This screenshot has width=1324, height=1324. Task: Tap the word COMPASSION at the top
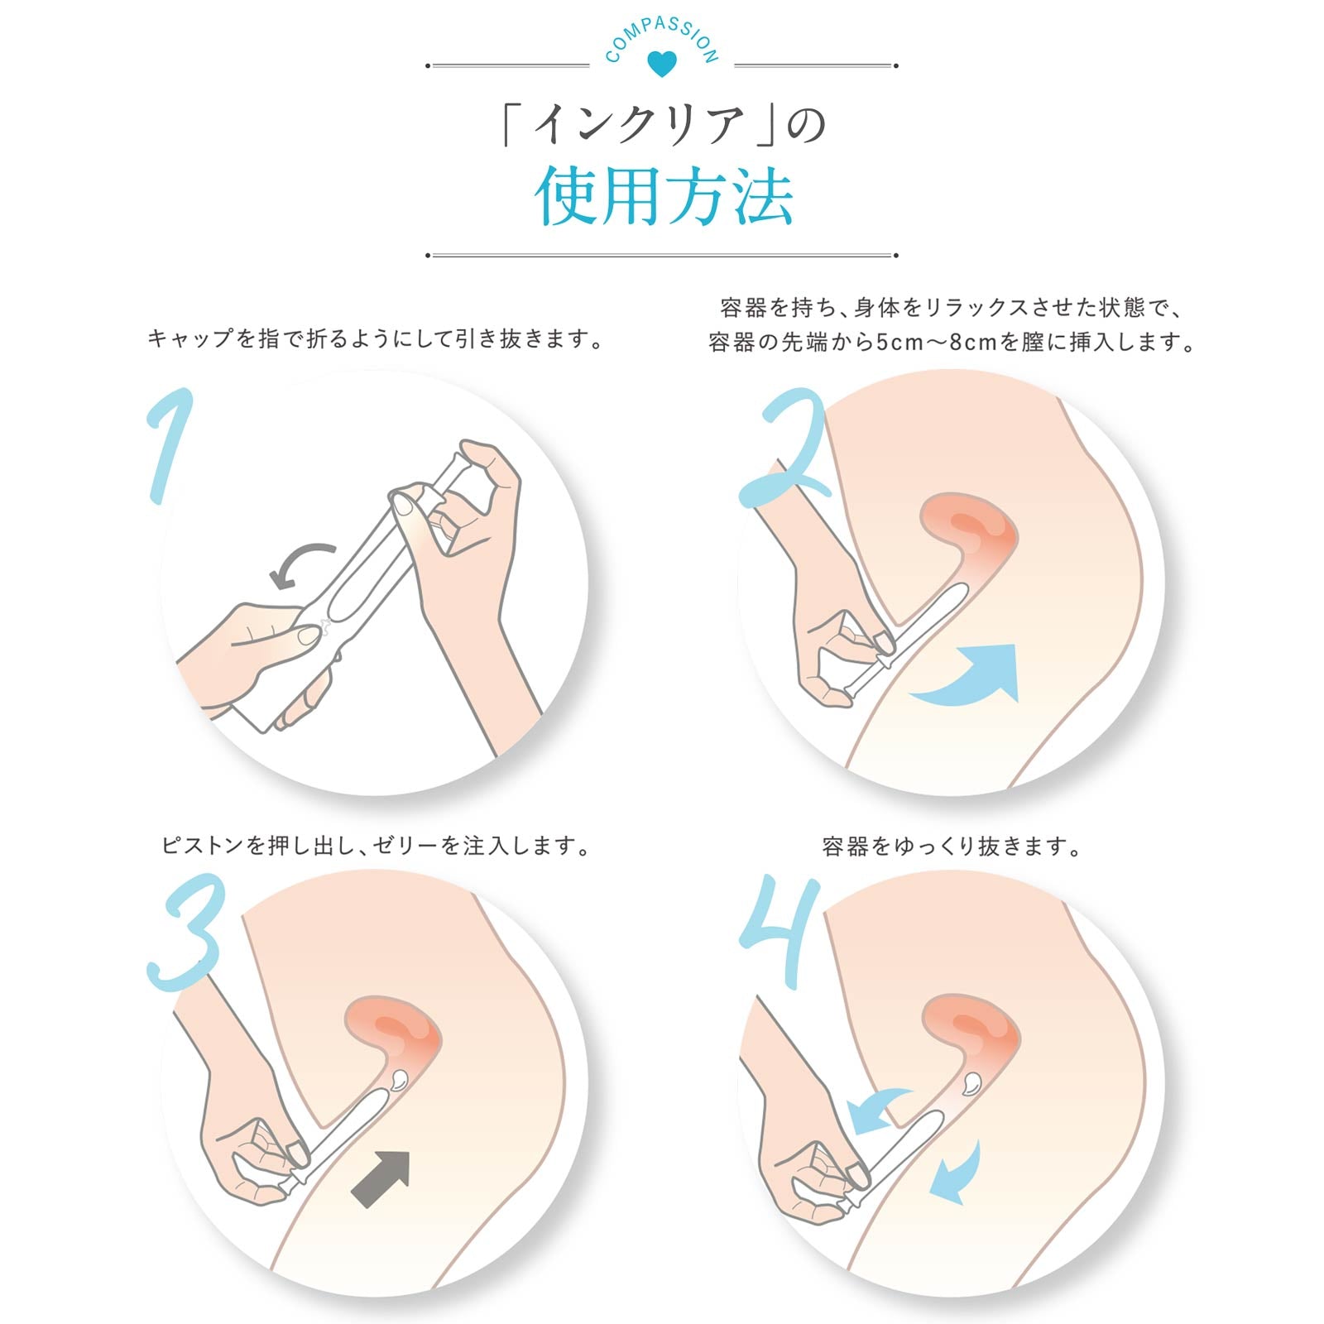coord(661,37)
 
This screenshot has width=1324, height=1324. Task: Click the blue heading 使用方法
coord(664,197)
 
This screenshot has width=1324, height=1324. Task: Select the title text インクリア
coord(640,127)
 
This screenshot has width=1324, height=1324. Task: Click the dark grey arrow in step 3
coord(382,1178)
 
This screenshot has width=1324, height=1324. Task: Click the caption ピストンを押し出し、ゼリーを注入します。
coord(377,846)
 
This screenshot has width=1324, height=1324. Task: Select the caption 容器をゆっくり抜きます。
coord(952,847)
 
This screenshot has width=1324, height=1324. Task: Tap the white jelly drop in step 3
coord(399,1078)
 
